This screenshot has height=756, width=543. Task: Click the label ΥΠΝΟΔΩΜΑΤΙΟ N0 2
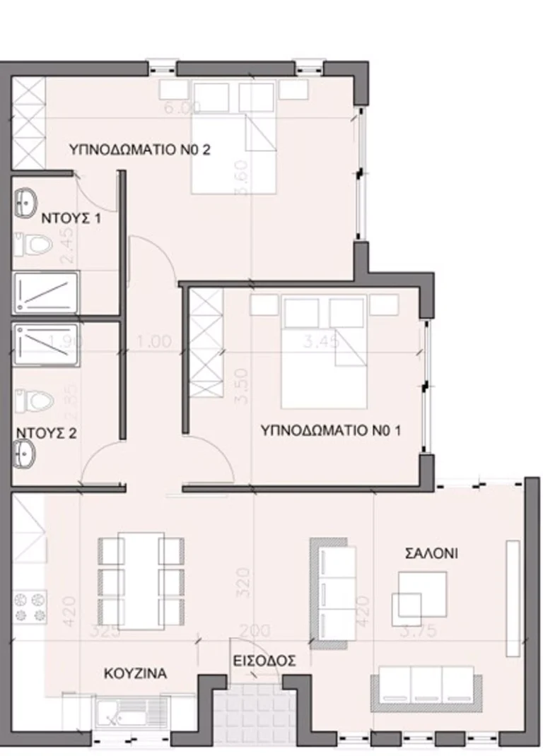[140, 150]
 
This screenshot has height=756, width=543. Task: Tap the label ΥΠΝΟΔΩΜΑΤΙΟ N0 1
[331, 430]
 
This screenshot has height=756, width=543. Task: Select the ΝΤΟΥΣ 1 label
[69, 218]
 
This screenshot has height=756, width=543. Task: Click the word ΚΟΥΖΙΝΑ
[135, 673]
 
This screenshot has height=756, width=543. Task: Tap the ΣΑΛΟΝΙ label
[431, 553]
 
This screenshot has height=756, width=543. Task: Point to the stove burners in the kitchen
[30, 607]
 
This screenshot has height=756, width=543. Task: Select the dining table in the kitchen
[141, 580]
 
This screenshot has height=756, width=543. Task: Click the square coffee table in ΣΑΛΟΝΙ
[421, 593]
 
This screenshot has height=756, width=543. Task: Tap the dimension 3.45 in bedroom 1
[321, 342]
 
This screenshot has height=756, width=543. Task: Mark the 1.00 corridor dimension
[155, 341]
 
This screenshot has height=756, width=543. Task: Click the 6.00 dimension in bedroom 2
[182, 107]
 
